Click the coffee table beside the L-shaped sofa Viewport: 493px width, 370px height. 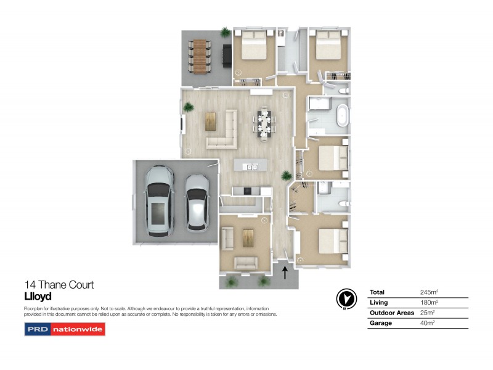(x=211, y=121)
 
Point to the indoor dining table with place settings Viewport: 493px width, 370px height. (x=264, y=121)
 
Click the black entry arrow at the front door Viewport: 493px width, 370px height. (x=285, y=273)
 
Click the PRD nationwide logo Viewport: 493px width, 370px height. (x=65, y=329)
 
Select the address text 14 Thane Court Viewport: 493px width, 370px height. (x=59, y=285)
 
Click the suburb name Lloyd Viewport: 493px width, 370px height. (x=38, y=296)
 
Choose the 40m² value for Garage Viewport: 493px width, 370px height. (x=427, y=323)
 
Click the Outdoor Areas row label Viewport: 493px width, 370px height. (x=391, y=313)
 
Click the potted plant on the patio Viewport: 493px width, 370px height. (x=225, y=32)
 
